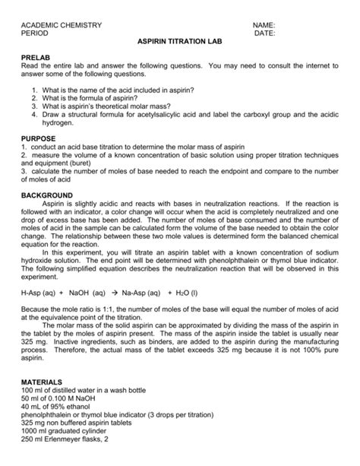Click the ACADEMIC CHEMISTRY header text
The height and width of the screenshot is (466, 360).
(62, 25)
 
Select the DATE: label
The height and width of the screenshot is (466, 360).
(265, 34)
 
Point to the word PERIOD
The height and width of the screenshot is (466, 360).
(34, 34)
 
